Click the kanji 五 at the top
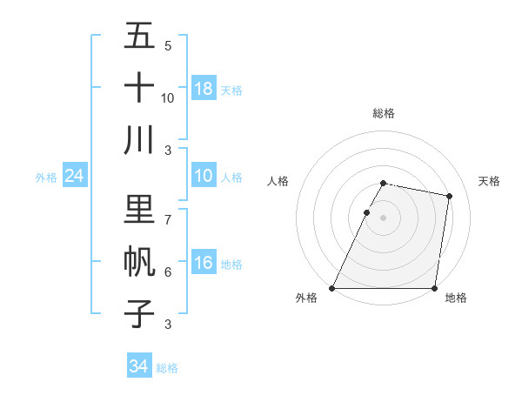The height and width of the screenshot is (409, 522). [139, 37]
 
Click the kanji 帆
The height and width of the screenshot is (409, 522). [139, 262]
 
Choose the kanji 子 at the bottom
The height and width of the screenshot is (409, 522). [139, 313]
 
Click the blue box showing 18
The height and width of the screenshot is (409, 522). [204, 89]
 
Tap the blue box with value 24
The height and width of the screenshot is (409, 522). [74, 177]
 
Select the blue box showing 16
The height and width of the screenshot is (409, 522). [204, 264]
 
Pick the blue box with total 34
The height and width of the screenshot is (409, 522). [138, 366]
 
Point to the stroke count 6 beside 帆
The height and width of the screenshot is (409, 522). [168, 272]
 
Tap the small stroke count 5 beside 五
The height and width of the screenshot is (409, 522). [168, 46]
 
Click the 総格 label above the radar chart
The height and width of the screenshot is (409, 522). [384, 113]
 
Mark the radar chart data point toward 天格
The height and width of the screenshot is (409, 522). [449, 197]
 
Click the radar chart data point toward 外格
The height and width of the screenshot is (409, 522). [332, 288]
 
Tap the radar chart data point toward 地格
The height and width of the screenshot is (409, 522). [434, 288]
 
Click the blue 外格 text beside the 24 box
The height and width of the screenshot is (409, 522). [46, 178]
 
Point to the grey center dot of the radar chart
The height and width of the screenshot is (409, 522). [384, 218]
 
